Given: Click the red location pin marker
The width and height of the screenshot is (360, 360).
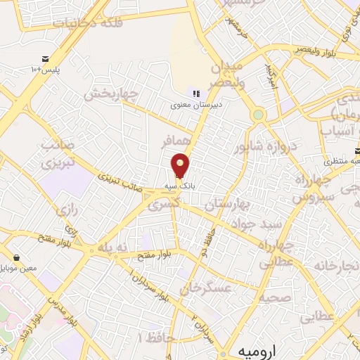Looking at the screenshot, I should [181, 165].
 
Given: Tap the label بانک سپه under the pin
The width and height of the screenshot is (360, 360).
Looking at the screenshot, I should [179, 186].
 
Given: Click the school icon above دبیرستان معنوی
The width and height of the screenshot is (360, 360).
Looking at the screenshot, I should [195, 94].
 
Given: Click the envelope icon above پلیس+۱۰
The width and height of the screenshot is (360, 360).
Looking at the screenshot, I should [45, 58].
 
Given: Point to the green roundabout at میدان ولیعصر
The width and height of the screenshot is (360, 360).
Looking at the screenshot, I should [259, 115].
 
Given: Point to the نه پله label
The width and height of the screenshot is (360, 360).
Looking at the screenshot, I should [115, 248].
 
